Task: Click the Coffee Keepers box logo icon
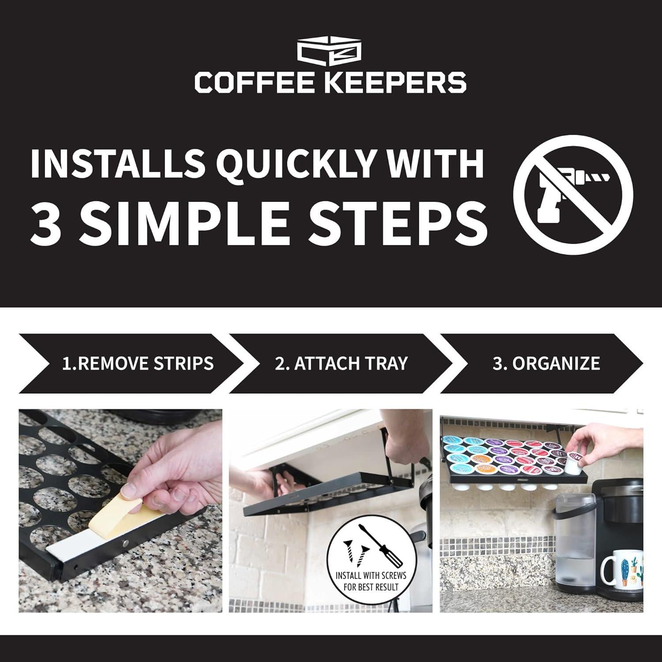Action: pyautogui.click(x=330, y=52)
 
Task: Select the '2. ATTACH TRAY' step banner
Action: pyautogui.click(x=341, y=363)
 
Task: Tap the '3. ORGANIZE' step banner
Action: pyautogui.click(x=546, y=363)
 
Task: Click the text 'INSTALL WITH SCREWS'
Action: pyautogui.click(x=371, y=575)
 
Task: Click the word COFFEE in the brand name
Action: pyautogui.click(x=256, y=82)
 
